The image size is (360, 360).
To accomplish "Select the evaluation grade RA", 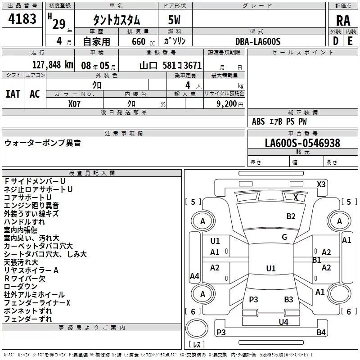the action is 343,21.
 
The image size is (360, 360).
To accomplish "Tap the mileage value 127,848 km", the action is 53,65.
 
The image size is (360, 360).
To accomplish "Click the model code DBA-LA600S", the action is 258,41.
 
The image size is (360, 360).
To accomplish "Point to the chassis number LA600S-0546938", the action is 302,144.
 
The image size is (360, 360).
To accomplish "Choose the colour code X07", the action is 75,103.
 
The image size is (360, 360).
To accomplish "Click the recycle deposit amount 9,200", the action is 226,103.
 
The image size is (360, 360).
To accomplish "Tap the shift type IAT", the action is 13,94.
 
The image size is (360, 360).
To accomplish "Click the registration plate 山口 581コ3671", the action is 171,65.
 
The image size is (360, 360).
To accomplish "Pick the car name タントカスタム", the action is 116,21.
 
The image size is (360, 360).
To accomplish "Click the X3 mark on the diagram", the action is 321,184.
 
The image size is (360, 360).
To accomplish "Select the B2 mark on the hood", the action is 291,216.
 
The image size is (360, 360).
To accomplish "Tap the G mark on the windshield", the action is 284,237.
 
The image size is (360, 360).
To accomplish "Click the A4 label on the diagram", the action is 194,276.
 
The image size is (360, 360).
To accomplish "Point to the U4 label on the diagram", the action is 283,322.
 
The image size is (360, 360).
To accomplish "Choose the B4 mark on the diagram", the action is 321,333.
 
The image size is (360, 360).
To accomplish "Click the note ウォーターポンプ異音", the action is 43,143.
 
